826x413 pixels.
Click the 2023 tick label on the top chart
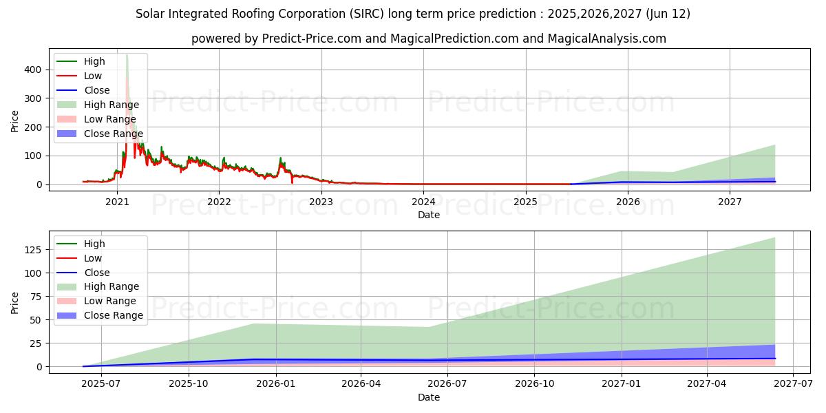[x=321, y=202]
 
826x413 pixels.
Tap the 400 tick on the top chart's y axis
[x=32, y=70]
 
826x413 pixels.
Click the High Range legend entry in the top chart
[x=111, y=105]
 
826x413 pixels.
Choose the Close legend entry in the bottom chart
[x=96, y=273]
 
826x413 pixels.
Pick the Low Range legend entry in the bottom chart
[x=109, y=301]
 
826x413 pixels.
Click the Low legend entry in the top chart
[x=92, y=76]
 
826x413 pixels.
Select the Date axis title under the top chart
[x=428, y=215]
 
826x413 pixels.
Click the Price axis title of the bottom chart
[x=15, y=302]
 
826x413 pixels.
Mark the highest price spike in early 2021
[x=127, y=55]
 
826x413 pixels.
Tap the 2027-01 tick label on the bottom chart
[x=622, y=383]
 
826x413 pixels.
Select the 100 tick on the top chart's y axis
[x=32, y=156]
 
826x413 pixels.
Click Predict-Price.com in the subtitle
[x=312, y=39]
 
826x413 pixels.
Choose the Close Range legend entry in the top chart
[x=113, y=134]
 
